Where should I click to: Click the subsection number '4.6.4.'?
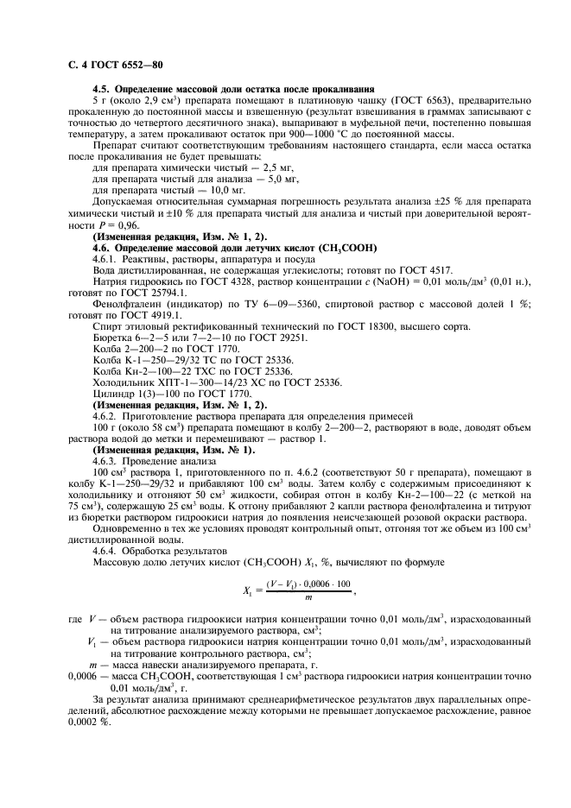[x=106, y=550]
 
